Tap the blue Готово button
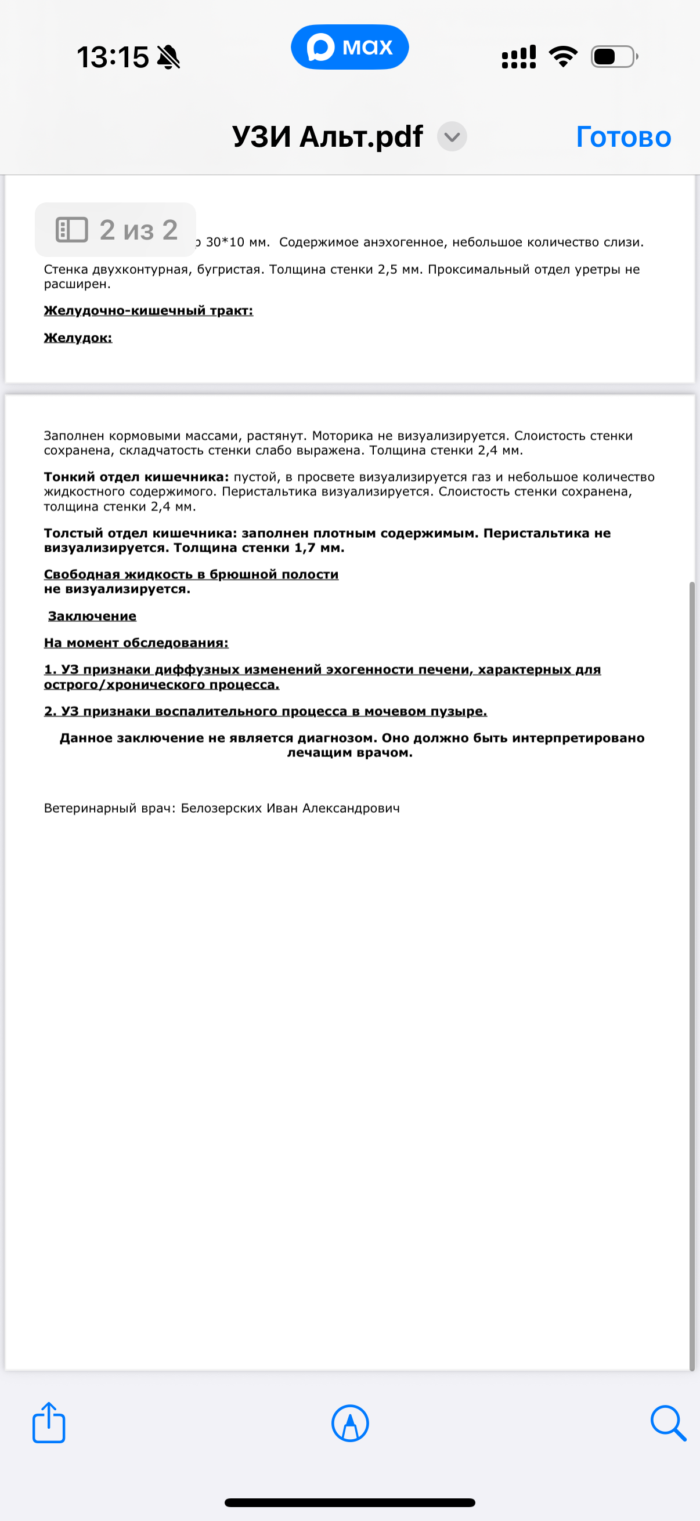623,137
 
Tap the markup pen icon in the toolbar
351,1423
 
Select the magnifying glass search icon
668,1423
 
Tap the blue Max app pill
349,46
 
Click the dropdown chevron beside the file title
452,137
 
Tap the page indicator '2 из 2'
116,230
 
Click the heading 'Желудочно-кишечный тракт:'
148,310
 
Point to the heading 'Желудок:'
78,338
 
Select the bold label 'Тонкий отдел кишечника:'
136,477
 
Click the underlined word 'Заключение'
92,616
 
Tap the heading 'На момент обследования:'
136,642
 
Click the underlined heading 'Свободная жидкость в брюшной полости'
192,574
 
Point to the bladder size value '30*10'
225,242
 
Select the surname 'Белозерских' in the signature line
221,808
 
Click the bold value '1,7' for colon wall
305,548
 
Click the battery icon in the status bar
614,57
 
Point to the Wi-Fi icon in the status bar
563,57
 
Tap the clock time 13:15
112,57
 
